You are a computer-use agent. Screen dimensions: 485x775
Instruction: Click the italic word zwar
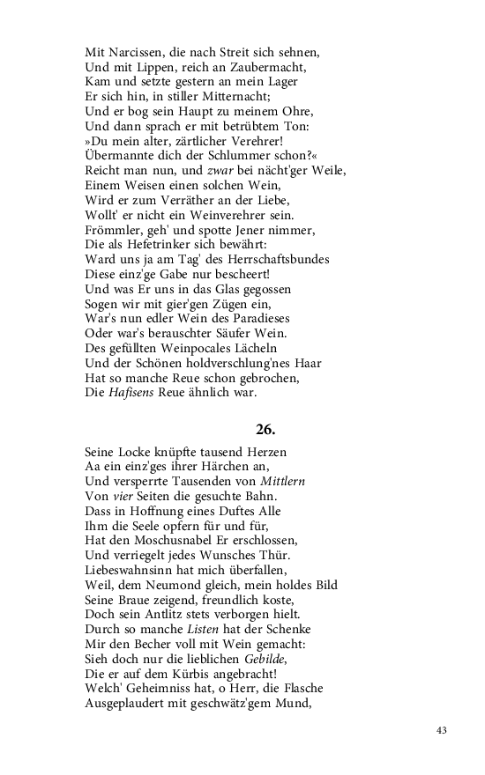click(x=219, y=169)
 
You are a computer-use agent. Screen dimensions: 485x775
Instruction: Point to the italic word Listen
click(x=205, y=630)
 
